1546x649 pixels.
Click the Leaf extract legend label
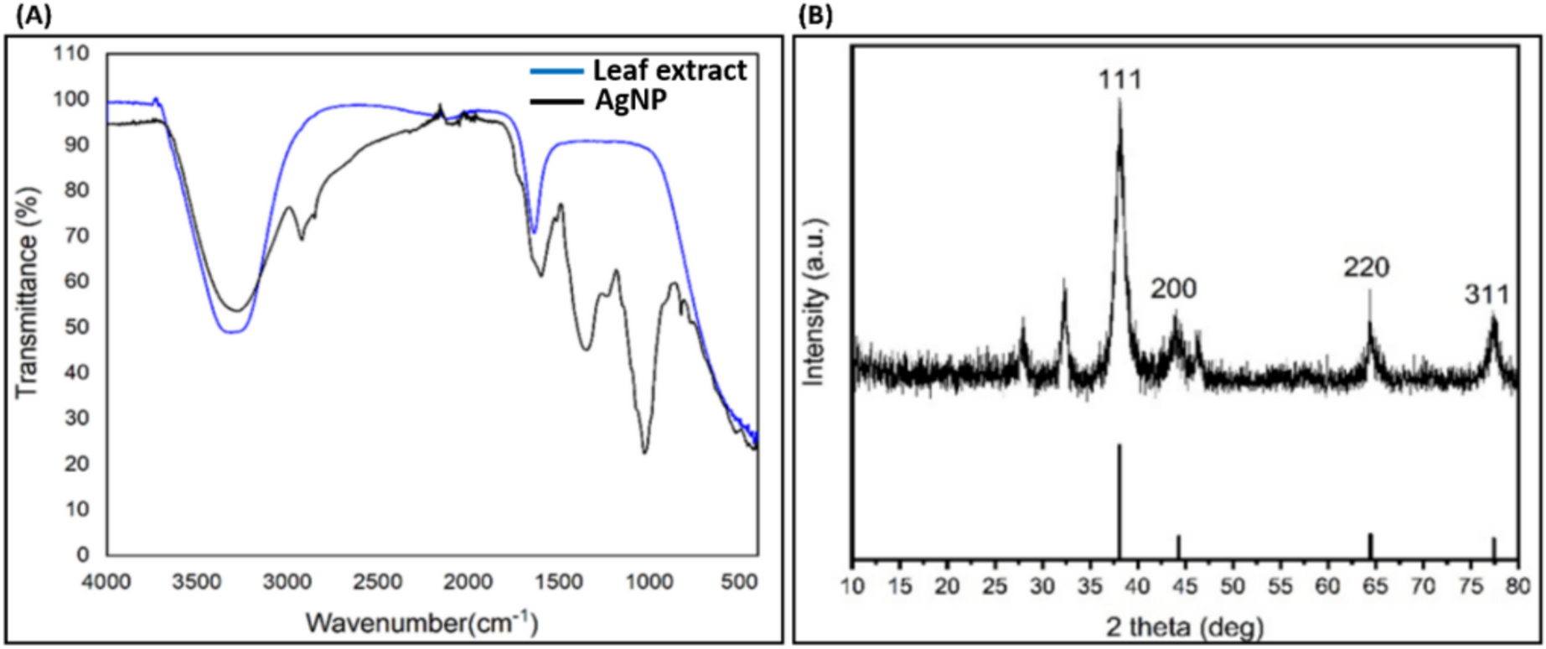click(670, 70)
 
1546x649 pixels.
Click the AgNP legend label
click(631, 101)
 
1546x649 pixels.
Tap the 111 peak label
click(1120, 80)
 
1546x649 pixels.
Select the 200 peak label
click(1173, 289)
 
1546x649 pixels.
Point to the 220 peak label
click(1367, 267)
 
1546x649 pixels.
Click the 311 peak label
click(1487, 295)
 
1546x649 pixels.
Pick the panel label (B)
click(814, 16)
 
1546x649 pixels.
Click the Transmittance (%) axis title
click(28, 303)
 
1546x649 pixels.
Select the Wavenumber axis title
click(421, 623)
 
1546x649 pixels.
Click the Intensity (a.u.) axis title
click(814, 302)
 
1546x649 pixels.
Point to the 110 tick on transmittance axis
click(71, 54)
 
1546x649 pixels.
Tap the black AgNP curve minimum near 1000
click(644, 450)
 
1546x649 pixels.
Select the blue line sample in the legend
click(556, 71)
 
